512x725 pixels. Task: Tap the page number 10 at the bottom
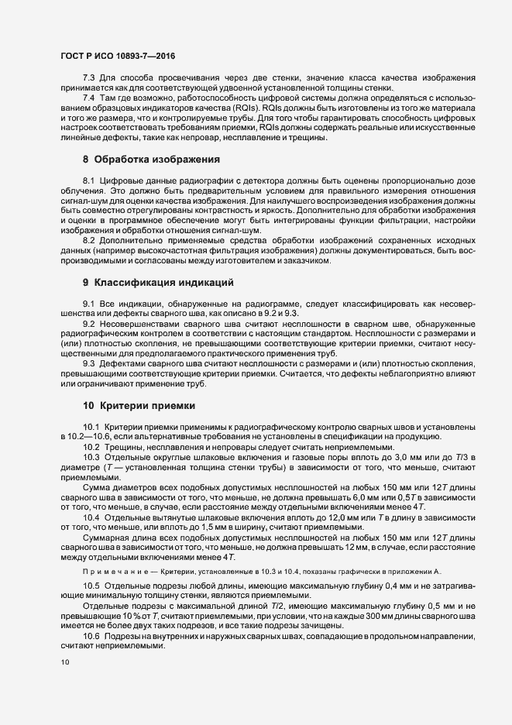coord(64,662)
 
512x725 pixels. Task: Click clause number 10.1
coord(91,428)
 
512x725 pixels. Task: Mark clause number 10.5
coord(91,585)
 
